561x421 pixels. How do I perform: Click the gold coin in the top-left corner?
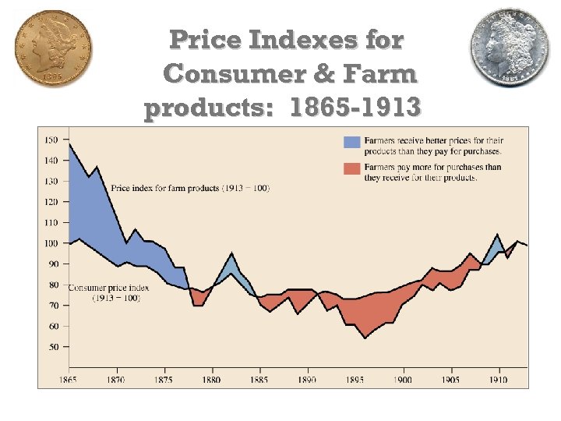(x=52, y=49)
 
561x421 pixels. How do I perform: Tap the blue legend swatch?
(x=352, y=142)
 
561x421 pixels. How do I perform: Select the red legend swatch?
(x=352, y=168)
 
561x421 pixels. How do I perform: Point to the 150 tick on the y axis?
(x=51, y=140)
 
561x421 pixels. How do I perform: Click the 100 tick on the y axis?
(x=51, y=243)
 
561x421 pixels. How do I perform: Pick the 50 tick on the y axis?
(x=52, y=347)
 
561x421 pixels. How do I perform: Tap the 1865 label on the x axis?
(x=69, y=380)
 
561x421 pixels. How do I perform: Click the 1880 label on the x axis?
(x=211, y=380)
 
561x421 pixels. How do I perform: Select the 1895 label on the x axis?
(x=355, y=380)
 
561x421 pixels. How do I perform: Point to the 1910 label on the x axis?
(x=497, y=380)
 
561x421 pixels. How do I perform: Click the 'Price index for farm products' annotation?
(x=190, y=189)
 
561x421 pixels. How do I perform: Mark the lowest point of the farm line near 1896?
(x=364, y=338)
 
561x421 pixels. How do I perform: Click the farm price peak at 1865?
(x=70, y=144)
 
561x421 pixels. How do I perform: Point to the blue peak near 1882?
(x=231, y=253)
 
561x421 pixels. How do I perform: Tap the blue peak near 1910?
(x=498, y=234)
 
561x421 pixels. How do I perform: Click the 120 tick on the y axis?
(x=51, y=202)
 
